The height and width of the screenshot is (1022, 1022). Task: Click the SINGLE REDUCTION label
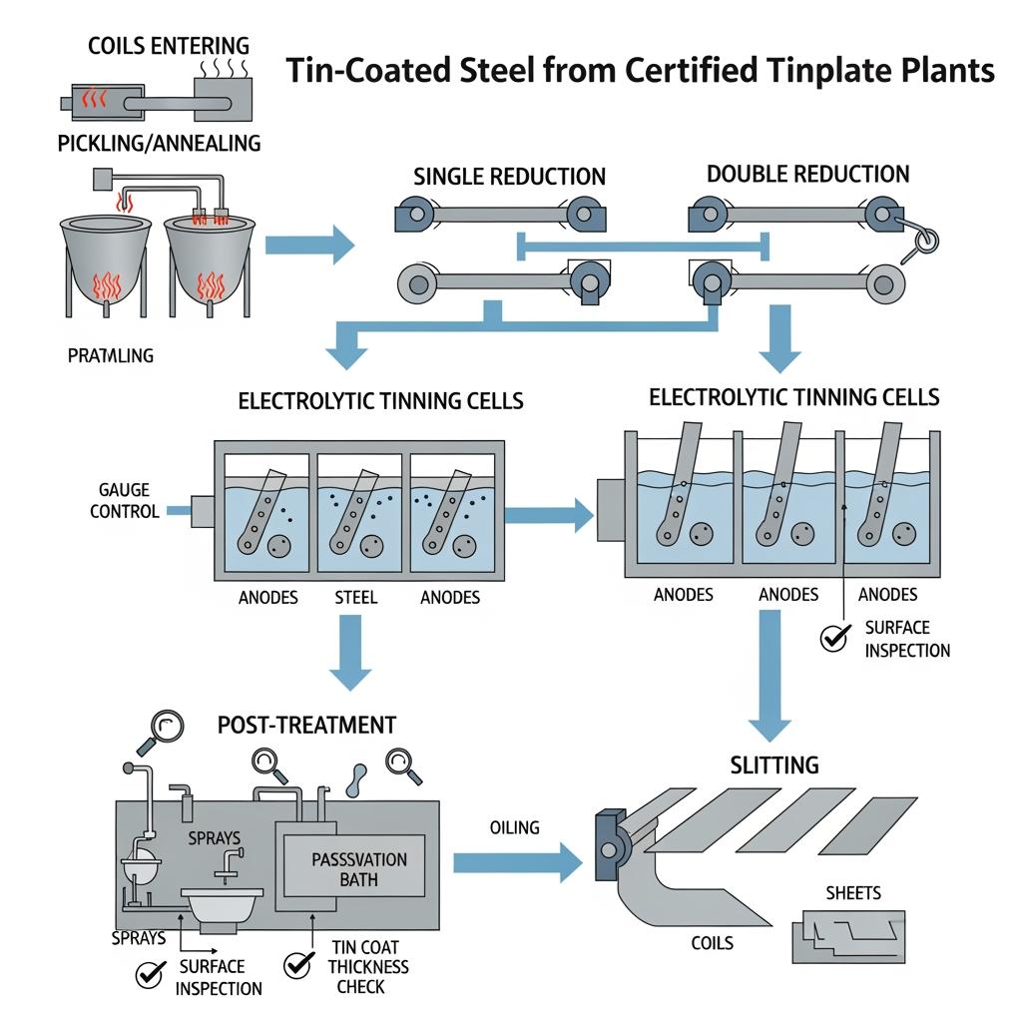click(509, 177)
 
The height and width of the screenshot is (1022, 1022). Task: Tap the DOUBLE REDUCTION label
click(807, 174)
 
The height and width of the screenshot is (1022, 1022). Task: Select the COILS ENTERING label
click(169, 46)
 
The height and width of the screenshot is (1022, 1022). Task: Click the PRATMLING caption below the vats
click(111, 354)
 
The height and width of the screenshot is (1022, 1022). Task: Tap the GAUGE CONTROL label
click(124, 500)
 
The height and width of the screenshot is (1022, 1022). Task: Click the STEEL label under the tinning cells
click(356, 598)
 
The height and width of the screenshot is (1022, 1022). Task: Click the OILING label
click(515, 827)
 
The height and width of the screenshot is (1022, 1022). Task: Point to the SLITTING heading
click(774, 766)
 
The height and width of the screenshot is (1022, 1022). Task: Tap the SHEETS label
click(854, 892)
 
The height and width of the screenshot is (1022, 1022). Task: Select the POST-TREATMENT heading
click(306, 725)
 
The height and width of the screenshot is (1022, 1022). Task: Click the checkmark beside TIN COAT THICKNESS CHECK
click(297, 964)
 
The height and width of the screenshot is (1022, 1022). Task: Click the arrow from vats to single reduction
click(310, 241)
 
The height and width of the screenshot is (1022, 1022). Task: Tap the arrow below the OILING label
click(517, 862)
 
